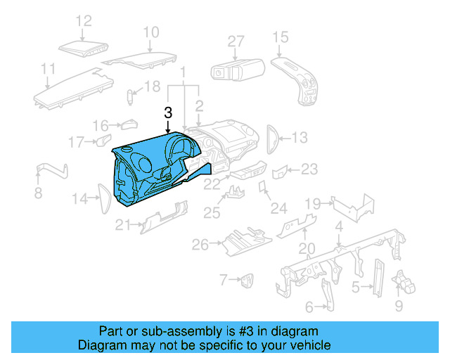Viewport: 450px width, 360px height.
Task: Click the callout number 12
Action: pos(84,21)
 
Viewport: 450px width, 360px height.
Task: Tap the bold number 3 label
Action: pos(167,112)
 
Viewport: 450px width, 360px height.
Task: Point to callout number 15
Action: pos(280,37)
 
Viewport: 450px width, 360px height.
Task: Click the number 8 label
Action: pos(38,193)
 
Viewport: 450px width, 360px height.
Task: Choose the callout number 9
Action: pos(399,306)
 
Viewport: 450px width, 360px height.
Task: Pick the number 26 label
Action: pos(200,245)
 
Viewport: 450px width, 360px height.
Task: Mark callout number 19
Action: pos(313,204)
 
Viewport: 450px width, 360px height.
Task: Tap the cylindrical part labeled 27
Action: pos(237,70)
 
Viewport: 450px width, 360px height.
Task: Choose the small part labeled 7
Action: pos(247,281)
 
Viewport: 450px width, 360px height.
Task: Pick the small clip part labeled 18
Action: pos(130,95)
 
